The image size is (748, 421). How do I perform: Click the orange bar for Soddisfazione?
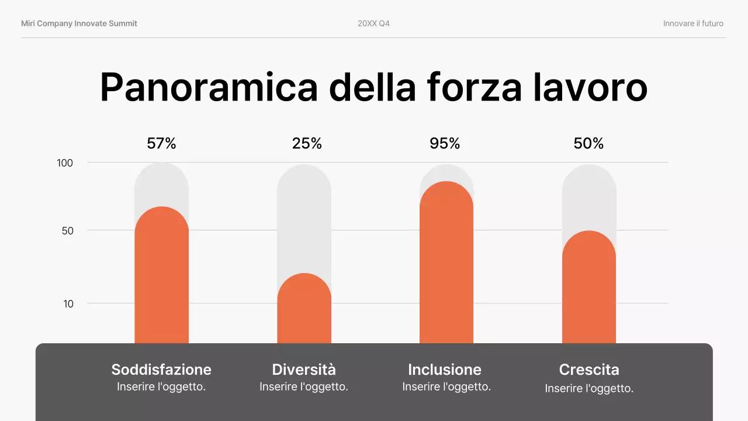[x=161, y=275]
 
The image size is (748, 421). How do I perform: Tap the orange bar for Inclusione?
[x=446, y=263]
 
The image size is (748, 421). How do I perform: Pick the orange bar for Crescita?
[x=589, y=287]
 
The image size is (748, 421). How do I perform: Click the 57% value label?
[x=161, y=143]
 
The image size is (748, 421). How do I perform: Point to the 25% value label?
[x=307, y=143]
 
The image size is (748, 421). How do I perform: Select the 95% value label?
[x=445, y=143]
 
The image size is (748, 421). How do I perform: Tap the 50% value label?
[x=588, y=143]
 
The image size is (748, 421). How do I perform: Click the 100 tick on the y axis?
[x=65, y=163]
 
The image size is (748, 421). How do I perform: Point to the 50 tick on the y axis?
[x=68, y=231]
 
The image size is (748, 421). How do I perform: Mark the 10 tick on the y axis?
[x=68, y=304]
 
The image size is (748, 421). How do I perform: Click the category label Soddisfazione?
[x=161, y=370]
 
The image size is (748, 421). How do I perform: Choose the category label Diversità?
[x=304, y=370]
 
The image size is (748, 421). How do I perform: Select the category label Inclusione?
[x=445, y=370]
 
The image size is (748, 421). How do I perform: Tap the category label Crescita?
[x=589, y=370]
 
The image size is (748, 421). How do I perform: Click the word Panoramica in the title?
[x=209, y=88]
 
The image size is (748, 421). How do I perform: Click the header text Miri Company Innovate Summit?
[x=79, y=23]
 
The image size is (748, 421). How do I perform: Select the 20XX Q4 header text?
[x=374, y=23]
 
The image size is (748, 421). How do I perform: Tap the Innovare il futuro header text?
[x=693, y=23]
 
